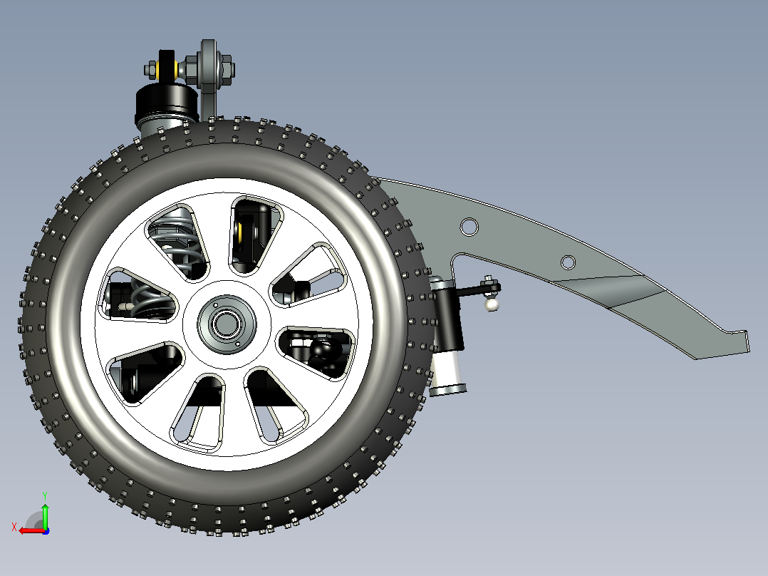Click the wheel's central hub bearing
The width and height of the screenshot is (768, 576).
(227, 323)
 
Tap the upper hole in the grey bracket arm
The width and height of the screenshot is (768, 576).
(469, 227)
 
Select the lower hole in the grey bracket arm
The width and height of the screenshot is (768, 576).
(568, 262)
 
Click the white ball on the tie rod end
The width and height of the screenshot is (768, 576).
(492, 304)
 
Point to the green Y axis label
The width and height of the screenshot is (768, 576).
(45, 496)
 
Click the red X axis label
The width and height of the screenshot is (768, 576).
(14, 528)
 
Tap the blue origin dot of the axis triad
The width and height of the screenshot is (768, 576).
(46, 531)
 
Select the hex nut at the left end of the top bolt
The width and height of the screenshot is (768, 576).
(151, 69)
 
